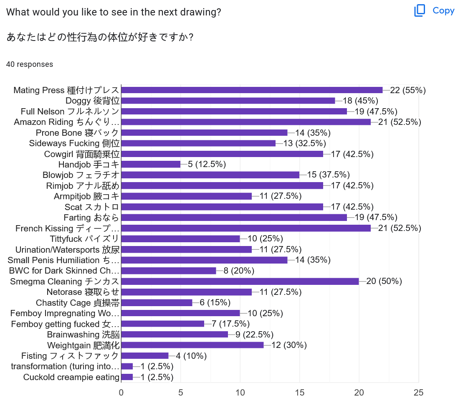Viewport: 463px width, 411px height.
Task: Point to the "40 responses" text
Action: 30,64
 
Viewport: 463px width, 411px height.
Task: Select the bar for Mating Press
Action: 252,90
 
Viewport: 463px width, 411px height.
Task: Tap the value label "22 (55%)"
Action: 407,90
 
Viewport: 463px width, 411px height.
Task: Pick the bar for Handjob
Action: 151,164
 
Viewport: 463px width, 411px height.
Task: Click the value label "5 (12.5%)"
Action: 207,164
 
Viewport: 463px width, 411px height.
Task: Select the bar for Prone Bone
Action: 204,132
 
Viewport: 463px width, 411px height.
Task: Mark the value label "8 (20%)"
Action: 239,271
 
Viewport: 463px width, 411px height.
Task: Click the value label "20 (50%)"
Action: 384,281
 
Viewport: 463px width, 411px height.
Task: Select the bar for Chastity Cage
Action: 157,302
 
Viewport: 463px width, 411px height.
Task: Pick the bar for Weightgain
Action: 192,345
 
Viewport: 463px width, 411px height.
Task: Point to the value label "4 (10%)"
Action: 191,356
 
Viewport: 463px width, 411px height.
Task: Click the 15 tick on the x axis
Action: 299,393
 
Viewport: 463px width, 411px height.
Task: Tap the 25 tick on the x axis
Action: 418,393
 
